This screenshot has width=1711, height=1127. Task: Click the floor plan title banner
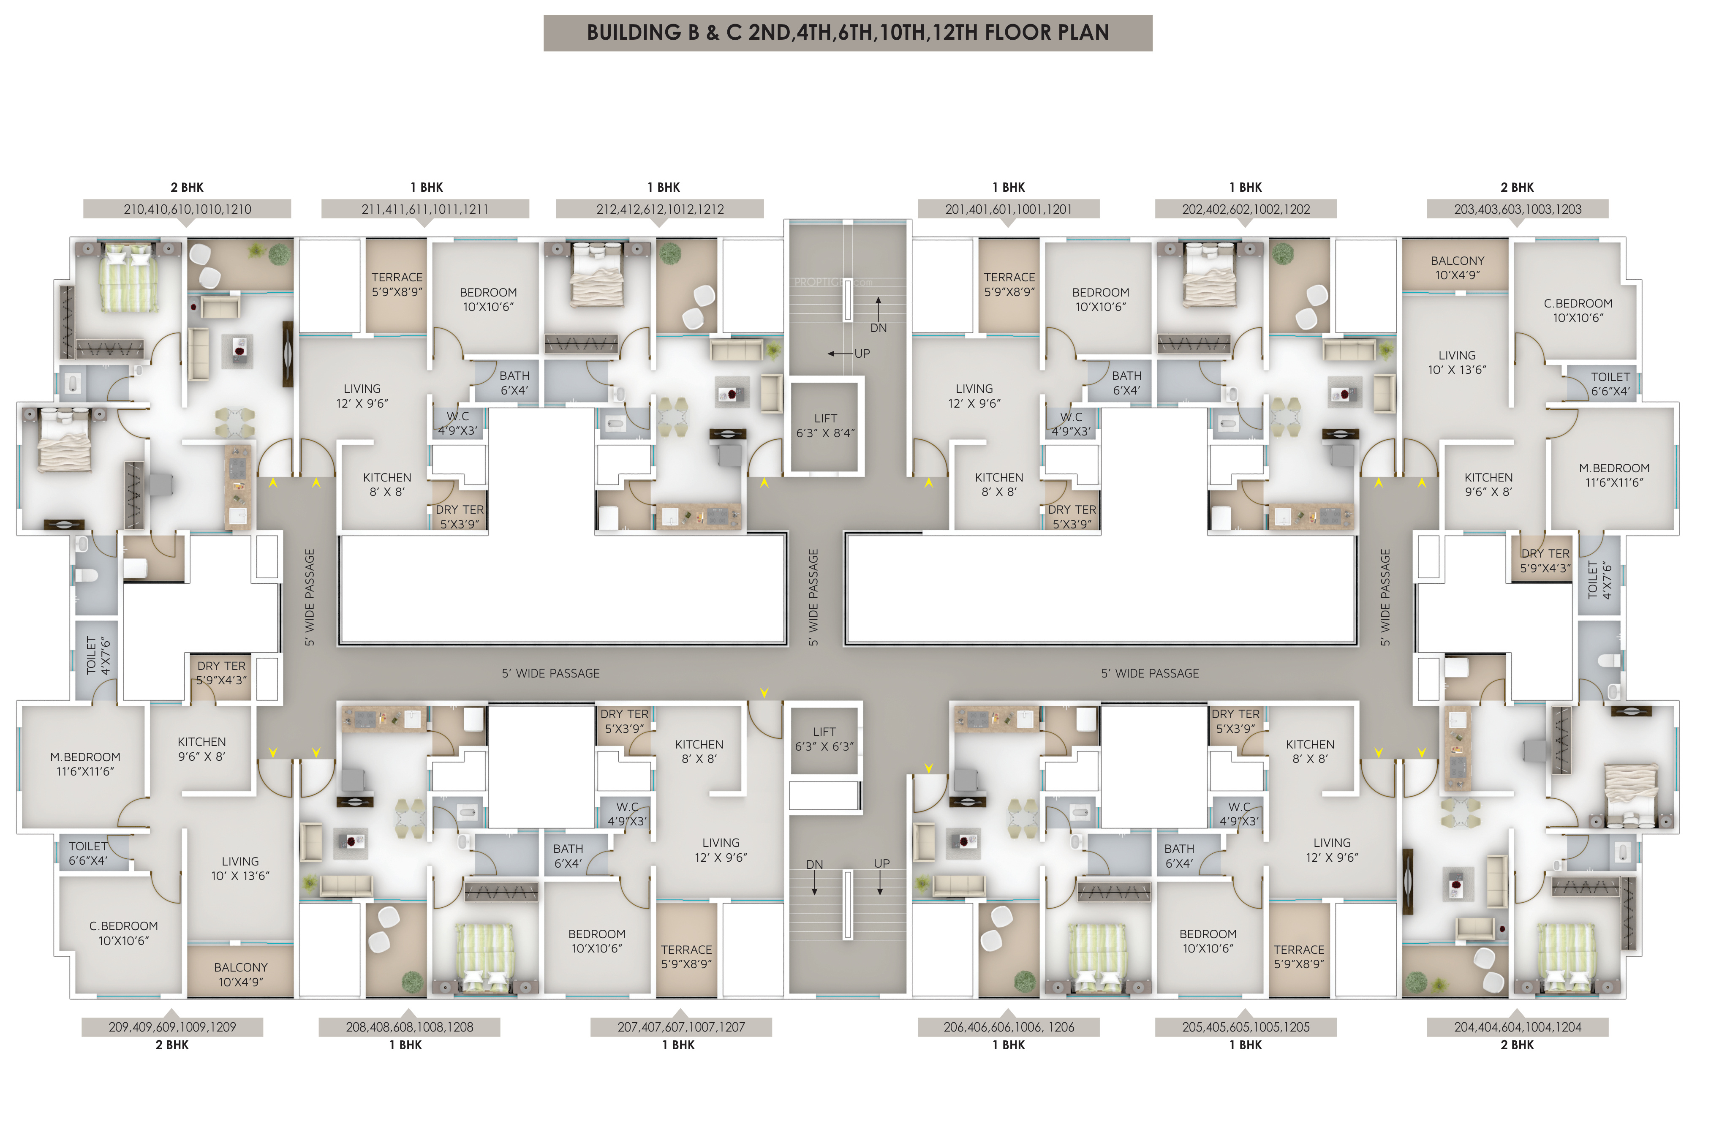point(848,33)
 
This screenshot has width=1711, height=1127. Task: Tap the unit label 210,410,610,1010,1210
point(188,209)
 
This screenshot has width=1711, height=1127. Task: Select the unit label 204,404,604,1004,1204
point(1518,1027)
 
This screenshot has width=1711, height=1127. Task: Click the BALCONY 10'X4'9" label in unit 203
point(1457,267)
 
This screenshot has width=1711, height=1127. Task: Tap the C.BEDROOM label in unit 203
point(1578,304)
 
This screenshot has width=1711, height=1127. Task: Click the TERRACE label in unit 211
point(397,277)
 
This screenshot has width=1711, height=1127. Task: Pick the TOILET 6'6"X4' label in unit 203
point(1610,384)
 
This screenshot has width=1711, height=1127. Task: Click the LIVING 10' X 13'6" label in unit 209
point(240,869)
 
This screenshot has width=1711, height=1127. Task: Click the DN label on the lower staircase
point(814,865)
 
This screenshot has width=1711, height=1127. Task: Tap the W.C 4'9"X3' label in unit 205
point(1239,814)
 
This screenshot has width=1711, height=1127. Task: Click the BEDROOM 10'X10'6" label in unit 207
point(597,941)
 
